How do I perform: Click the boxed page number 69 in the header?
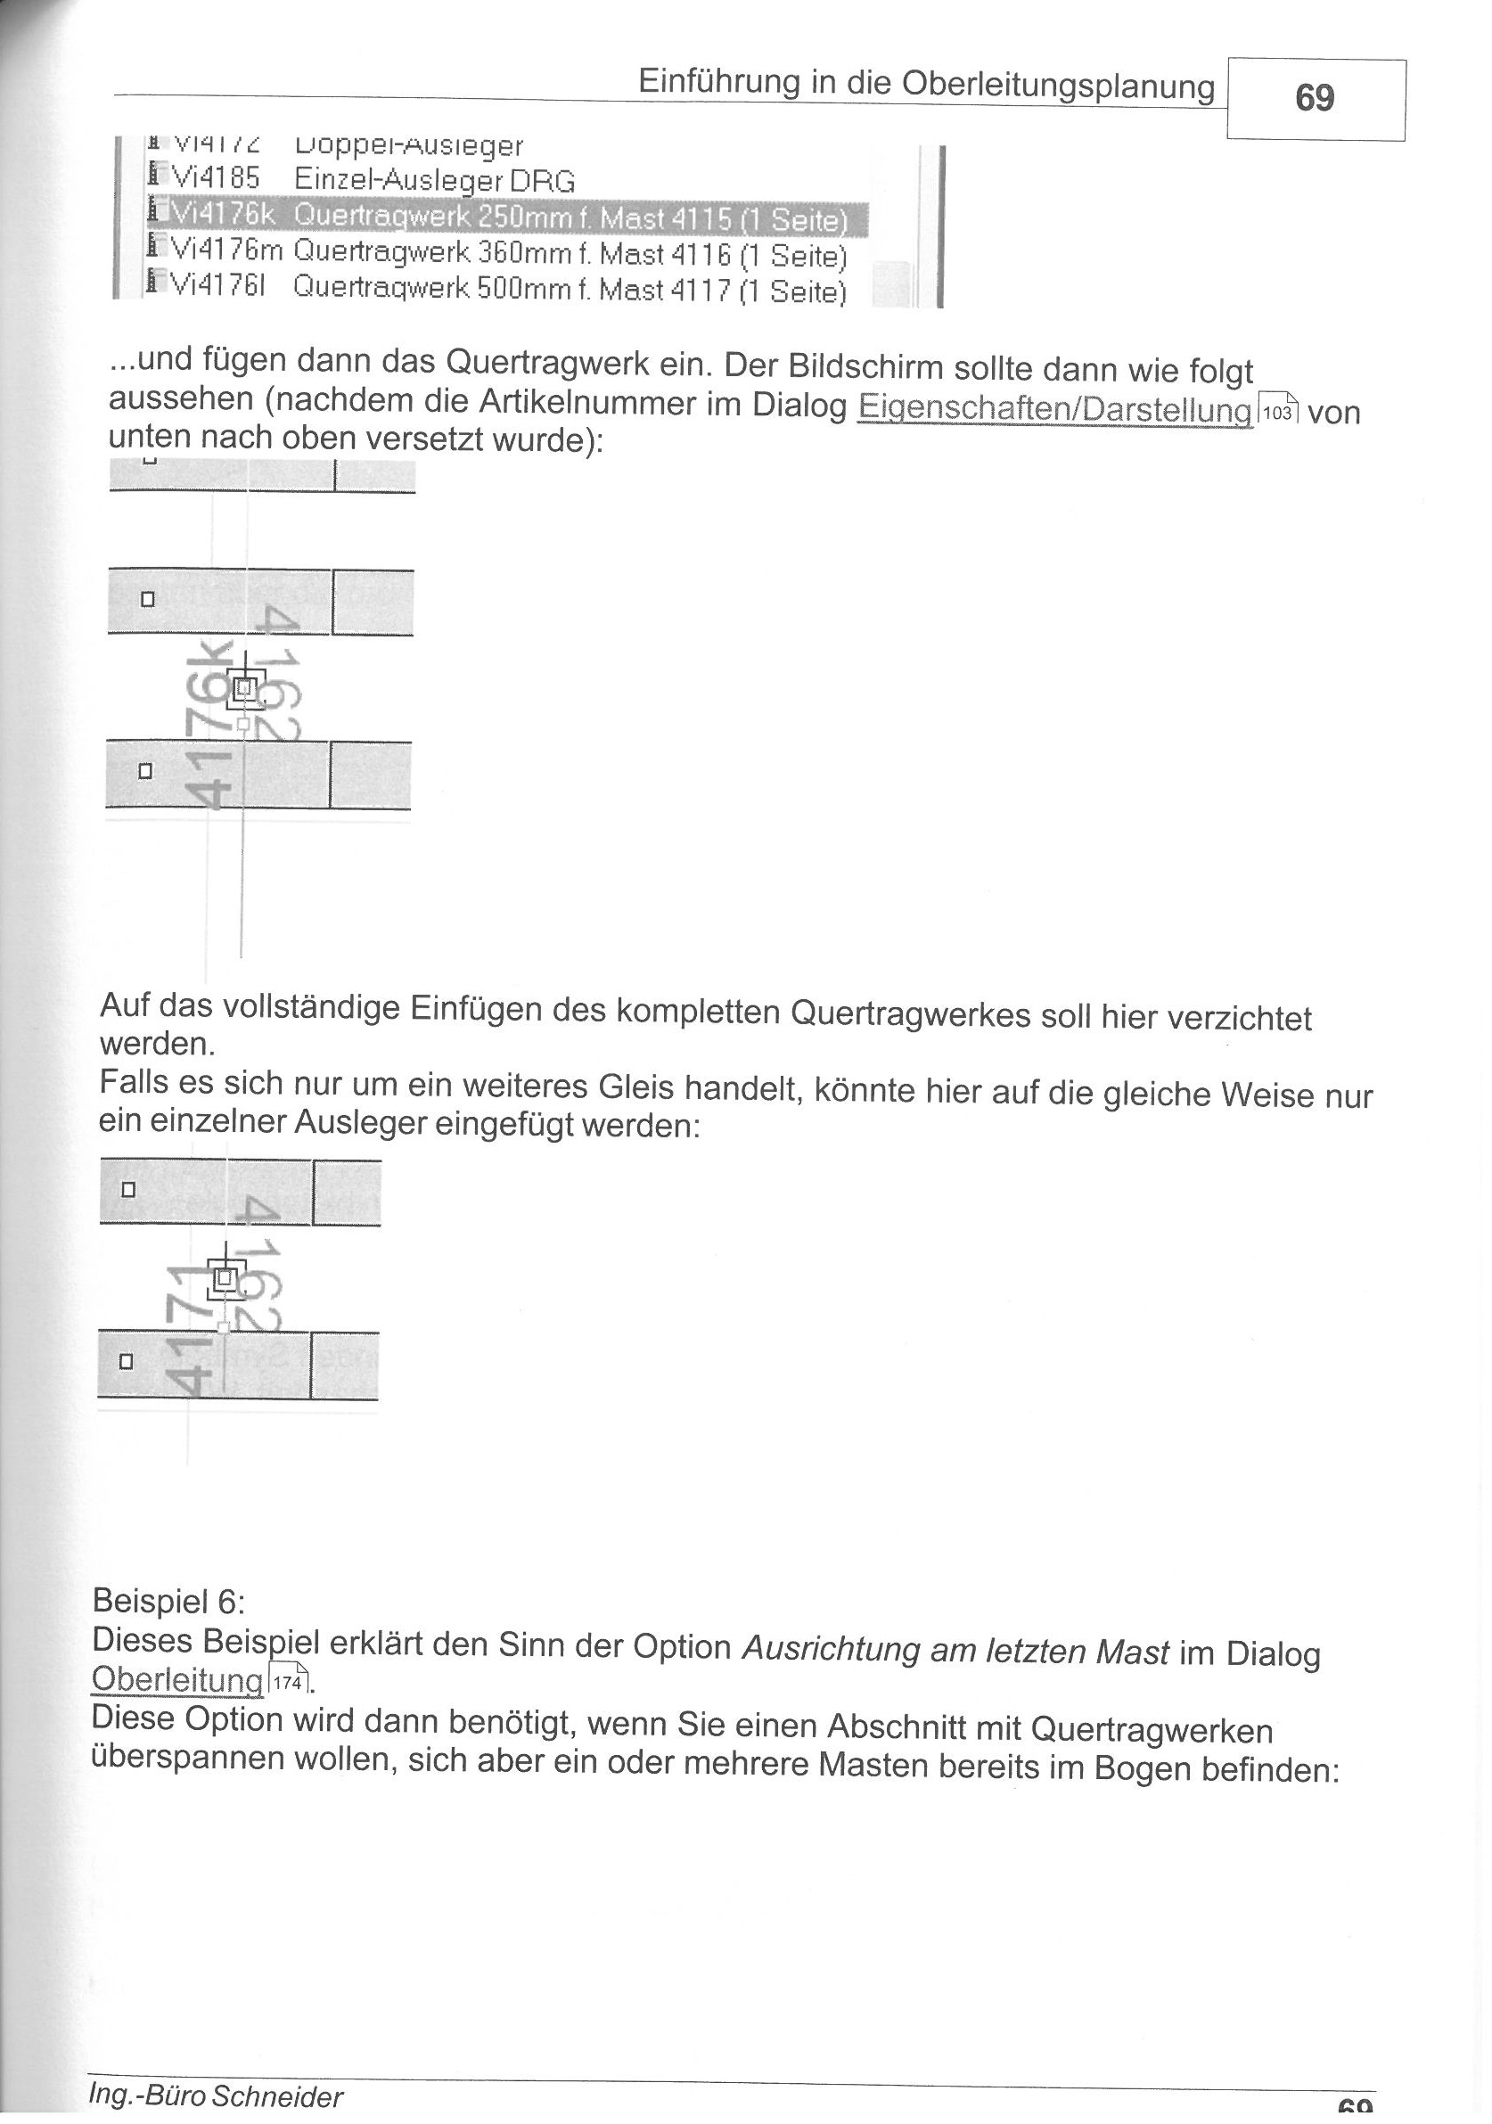click(x=1315, y=98)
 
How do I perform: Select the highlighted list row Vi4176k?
click(x=507, y=218)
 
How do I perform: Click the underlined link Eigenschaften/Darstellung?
click(x=1054, y=409)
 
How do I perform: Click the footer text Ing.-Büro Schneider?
click(x=215, y=2095)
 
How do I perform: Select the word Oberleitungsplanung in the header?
click(x=1057, y=86)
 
